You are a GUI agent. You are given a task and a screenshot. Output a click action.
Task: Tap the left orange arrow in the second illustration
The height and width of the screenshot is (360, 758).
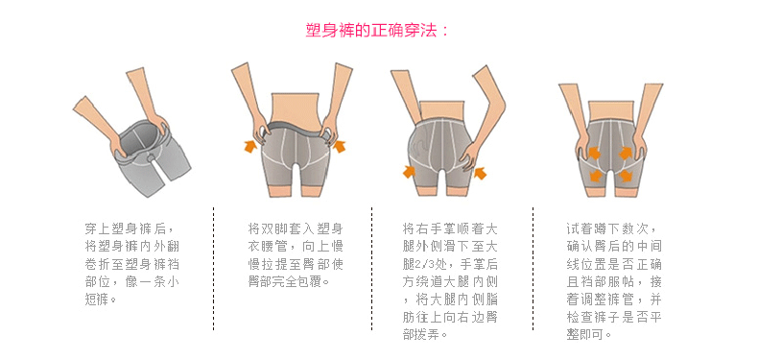(250, 145)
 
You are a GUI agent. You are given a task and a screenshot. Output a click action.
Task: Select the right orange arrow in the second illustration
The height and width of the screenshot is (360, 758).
(340, 145)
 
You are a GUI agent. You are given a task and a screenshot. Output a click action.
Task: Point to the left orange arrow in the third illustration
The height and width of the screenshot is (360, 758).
(409, 171)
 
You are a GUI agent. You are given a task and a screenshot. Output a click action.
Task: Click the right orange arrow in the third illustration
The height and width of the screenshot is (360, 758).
(480, 173)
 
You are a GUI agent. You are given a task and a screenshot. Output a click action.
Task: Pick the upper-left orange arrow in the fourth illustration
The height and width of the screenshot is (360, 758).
(594, 154)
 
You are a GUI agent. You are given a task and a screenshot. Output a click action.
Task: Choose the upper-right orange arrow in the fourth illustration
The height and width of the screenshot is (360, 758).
(625, 154)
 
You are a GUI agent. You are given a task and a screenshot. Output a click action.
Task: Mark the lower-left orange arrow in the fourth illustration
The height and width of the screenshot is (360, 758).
(596, 175)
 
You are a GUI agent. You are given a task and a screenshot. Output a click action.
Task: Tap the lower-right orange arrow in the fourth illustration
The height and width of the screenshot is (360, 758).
(625, 175)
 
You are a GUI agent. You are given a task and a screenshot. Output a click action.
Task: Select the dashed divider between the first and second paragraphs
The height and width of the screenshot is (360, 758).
(214, 269)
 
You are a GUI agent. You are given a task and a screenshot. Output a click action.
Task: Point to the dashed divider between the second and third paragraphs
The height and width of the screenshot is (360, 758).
(371, 269)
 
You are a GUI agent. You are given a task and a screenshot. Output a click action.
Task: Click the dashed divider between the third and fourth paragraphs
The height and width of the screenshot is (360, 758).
(533, 269)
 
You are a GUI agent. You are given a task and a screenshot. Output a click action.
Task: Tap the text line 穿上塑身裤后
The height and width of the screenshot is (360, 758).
(130, 228)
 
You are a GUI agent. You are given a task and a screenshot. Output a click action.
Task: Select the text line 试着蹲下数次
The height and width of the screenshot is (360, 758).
(610, 228)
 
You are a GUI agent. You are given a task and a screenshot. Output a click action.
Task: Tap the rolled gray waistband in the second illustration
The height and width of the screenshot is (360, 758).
(295, 130)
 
